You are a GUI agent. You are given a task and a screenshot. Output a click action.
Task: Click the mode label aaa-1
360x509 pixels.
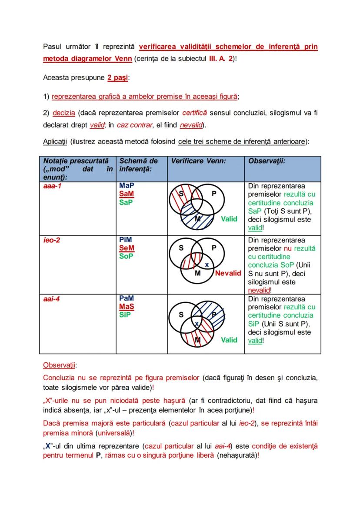click(52, 186)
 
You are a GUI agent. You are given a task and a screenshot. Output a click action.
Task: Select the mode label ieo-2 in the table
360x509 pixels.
click(52, 240)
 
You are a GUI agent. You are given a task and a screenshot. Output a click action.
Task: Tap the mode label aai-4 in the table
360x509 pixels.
click(52, 299)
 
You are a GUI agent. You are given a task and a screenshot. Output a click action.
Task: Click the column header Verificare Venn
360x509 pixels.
click(198, 161)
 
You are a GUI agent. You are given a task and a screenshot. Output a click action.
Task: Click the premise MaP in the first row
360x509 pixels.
click(127, 186)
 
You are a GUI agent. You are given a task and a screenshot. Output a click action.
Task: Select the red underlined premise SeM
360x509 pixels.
click(127, 248)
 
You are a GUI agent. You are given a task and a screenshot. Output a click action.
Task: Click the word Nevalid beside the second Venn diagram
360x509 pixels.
click(228, 273)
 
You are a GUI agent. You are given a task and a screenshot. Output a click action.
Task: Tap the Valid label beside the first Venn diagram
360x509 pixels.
click(229, 219)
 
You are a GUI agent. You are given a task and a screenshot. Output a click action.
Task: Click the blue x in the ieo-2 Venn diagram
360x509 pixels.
click(207, 265)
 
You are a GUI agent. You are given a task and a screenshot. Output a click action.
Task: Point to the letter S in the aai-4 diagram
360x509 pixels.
click(181, 315)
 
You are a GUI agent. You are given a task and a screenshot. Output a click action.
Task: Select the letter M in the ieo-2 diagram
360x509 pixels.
click(197, 273)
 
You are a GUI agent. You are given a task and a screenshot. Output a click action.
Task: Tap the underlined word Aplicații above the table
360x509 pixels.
click(55, 141)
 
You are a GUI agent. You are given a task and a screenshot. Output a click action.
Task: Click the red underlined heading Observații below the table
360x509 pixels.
click(59, 365)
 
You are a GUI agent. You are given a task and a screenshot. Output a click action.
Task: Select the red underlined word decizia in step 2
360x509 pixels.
click(64, 113)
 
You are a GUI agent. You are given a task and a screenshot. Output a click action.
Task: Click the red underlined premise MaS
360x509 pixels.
click(127, 307)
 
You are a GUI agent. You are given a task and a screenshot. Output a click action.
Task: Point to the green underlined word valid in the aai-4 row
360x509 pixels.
click(255, 341)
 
